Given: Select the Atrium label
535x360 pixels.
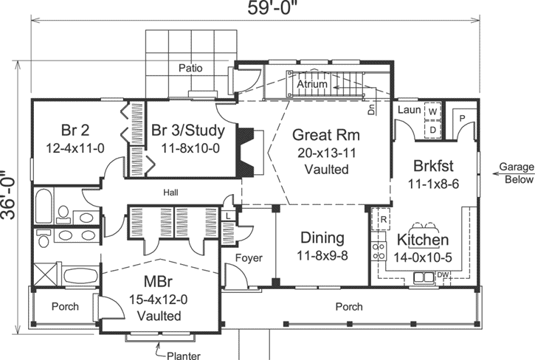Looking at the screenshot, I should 313,86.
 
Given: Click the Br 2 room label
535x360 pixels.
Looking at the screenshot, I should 75,131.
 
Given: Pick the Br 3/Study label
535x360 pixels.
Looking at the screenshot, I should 194,131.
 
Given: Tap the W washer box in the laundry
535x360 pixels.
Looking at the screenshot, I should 433,111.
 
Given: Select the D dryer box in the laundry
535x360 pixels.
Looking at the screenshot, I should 433,129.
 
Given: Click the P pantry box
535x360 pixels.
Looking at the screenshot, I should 462,118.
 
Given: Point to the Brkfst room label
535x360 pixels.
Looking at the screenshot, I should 427,166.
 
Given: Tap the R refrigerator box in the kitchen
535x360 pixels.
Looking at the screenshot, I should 384,218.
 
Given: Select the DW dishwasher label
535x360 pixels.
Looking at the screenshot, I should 443,276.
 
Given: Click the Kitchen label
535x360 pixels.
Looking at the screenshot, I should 423,240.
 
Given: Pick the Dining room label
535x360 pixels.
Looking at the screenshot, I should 322,238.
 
